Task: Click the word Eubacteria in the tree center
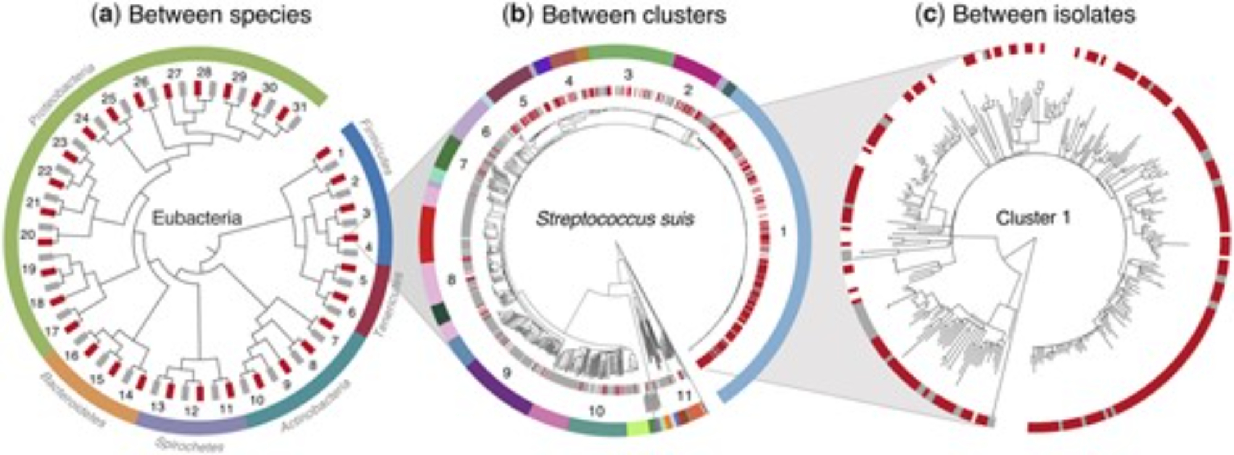click(x=197, y=218)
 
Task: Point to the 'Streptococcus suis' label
click(x=615, y=219)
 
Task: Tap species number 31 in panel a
click(x=300, y=107)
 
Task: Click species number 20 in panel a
click(x=27, y=235)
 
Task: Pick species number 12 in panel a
click(x=192, y=409)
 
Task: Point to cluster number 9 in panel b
click(x=507, y=373)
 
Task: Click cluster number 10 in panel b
click(x=596, y=411)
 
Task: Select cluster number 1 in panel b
click(x=783, y=232)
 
